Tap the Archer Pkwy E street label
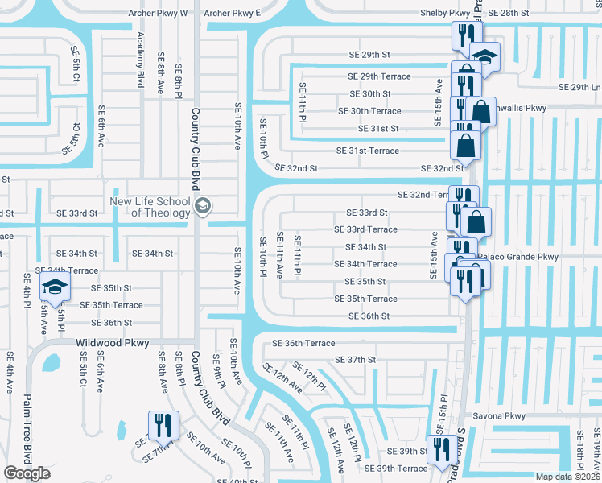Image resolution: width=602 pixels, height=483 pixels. pyautogui.click(x=232, y=14)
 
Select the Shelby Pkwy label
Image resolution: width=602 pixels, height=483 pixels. pyautogui.click(x=444, y=14)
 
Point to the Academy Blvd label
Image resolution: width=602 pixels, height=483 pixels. pyautogui.click(x=141, y=60)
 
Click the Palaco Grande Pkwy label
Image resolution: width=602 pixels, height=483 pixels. pyautogui.click(x=517, y=257)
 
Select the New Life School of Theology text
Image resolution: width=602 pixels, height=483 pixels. pyautogui.click(x=150, y=207)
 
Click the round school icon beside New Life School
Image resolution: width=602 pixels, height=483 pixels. pyautogui.click(x=201, y=207)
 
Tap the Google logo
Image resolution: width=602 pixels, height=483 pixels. pyautogui.click(x=27, y=473)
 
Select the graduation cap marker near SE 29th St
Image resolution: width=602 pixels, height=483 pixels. pyautogui.click(x=485, y=56)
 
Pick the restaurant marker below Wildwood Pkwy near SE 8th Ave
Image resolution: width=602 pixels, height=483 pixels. pyautogui.click(x=163, y=424)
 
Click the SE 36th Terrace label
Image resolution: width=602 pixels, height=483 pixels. pyautogui.click(x=303, y=343)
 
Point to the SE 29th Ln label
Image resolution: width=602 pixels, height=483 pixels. pyautogui.click(x=579, y=87)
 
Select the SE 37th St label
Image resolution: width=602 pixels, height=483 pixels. pyautogui.click(x=355, y=360)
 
